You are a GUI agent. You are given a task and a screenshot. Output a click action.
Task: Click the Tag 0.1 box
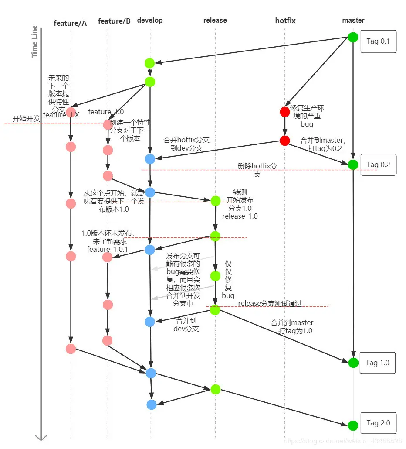click(379, 42)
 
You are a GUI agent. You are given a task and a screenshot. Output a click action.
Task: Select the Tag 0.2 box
click(379, 165)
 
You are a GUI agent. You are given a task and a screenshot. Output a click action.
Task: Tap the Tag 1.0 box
click(378, 363)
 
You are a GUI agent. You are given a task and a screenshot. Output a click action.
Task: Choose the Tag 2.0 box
click(378, 423)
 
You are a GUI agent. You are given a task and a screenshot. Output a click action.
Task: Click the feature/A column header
click(70, 23)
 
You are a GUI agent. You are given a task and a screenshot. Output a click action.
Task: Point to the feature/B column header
click(114, 21)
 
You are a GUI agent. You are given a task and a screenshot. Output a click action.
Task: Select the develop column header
click(150, 20)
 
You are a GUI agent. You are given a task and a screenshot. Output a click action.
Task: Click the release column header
click(215, 20)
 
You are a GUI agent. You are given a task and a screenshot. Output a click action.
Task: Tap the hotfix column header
click(285, 21)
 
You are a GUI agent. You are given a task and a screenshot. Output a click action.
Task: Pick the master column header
click(353, 20)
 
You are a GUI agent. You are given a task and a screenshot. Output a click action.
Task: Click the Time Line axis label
click(35, 42)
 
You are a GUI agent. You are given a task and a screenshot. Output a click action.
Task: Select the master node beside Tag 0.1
click(353, 37)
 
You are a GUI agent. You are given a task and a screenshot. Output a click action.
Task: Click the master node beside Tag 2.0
click(353, 425)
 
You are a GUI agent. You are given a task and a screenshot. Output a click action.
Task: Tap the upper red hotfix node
click(285, 112)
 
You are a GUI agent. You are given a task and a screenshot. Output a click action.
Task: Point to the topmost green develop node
click(150, 63)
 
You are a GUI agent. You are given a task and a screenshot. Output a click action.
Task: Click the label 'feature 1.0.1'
click(107, 249)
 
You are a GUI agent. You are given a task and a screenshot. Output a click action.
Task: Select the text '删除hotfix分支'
click(257, 170)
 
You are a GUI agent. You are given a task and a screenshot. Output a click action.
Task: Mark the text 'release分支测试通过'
click(270, 304)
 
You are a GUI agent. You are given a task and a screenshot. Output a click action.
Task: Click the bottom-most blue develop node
click(152, 404)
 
